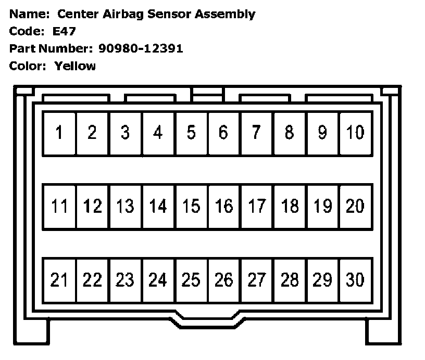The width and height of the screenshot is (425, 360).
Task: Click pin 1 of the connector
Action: (x=59, y=133)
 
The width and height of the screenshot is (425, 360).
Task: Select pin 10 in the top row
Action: (x=355, y=133)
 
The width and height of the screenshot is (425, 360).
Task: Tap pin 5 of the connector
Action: (x=191, y=133)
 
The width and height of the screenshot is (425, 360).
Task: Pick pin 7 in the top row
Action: (x=256, y=133)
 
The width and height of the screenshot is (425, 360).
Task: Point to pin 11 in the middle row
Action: (x=59, y=207)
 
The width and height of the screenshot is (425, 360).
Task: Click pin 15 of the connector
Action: (x=191, y=207)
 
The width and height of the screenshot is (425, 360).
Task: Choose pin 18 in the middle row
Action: (x=290, y=207)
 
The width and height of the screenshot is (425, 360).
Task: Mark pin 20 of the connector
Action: (x=355, y=207)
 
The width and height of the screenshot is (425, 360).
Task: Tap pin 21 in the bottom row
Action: (x=59, y=280)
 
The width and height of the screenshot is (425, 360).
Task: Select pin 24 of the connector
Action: (x=158, y=280)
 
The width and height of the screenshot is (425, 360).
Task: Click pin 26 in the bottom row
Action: (x=224, y=280)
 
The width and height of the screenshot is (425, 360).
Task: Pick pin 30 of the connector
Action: (x=355, y=280)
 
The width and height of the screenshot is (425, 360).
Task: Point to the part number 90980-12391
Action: (x=141, y=49)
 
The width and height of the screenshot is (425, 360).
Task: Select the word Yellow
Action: (x=75, y=66)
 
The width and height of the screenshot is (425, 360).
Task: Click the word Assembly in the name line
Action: (x=225, y=15)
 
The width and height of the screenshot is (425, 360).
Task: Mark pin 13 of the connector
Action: (x=125, y=207)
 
